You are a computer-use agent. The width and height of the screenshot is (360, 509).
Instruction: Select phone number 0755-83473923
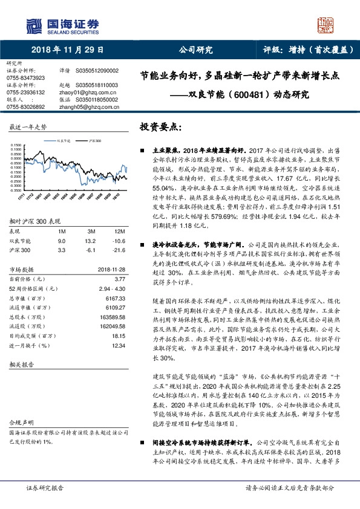click(x=25, y=78)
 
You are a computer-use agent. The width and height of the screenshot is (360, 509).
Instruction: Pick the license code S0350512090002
click(x=97, y=71)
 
